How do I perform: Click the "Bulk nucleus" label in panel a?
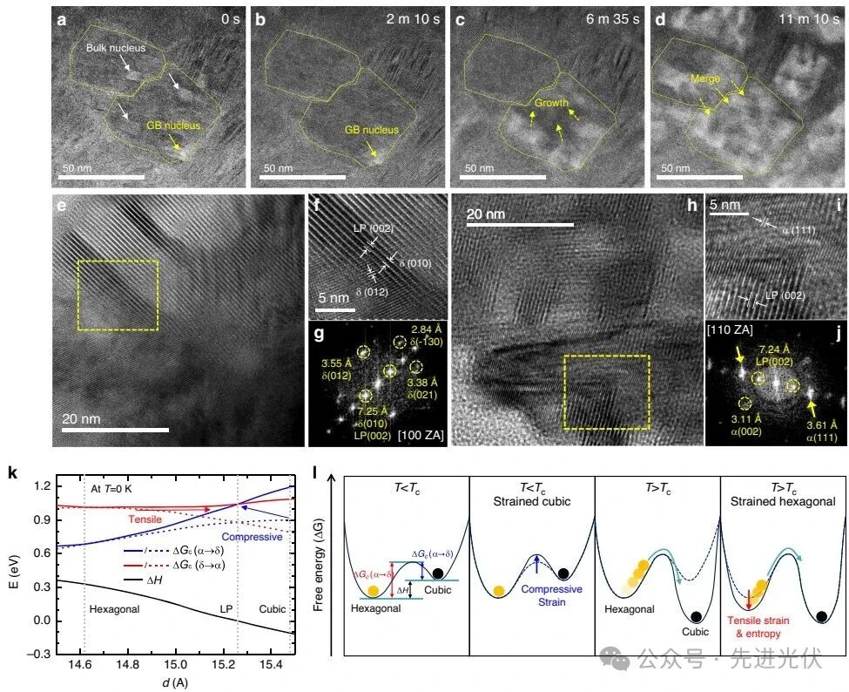click(121, 49)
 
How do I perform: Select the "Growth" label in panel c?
click(550, 103)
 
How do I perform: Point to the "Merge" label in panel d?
click(705, 78)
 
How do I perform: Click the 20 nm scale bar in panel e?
click(115, 429)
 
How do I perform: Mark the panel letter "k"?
click(12, 474)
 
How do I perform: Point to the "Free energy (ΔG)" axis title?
click(323, 558)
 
